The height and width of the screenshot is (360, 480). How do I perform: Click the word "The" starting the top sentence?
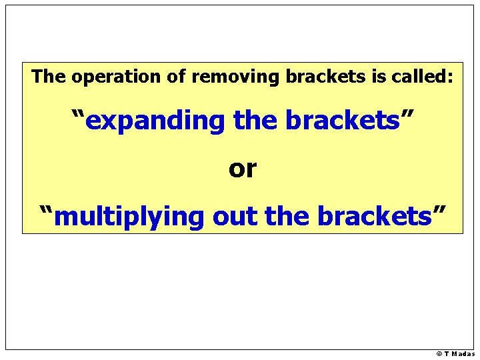[49, 77]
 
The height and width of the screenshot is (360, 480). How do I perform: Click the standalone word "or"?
[242, 169]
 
